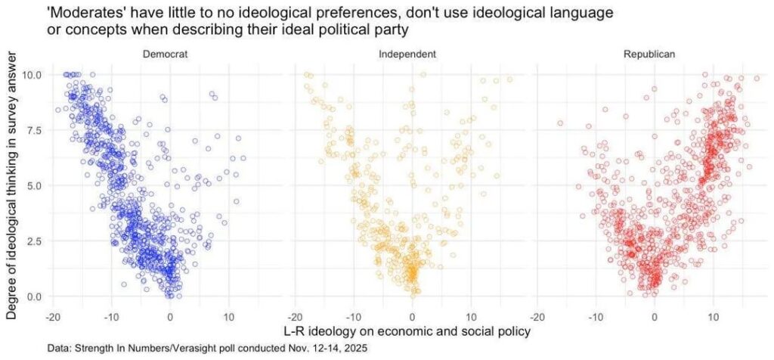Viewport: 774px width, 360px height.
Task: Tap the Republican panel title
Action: (x=649, y=55)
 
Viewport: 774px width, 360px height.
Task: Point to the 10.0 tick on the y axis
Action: (x=33, y=75)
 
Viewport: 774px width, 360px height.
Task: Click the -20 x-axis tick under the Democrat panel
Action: (x=53, y=315)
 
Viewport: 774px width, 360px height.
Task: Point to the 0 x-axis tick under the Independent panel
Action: (x=412, y=315)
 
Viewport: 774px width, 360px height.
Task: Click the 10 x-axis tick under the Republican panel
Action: (x=714, y=315)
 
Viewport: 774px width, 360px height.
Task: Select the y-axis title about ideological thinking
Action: (x=13, y=185)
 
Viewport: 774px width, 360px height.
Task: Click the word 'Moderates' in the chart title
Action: (x=80, y=14)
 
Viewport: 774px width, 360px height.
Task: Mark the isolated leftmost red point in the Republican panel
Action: (x=560, y=123)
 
